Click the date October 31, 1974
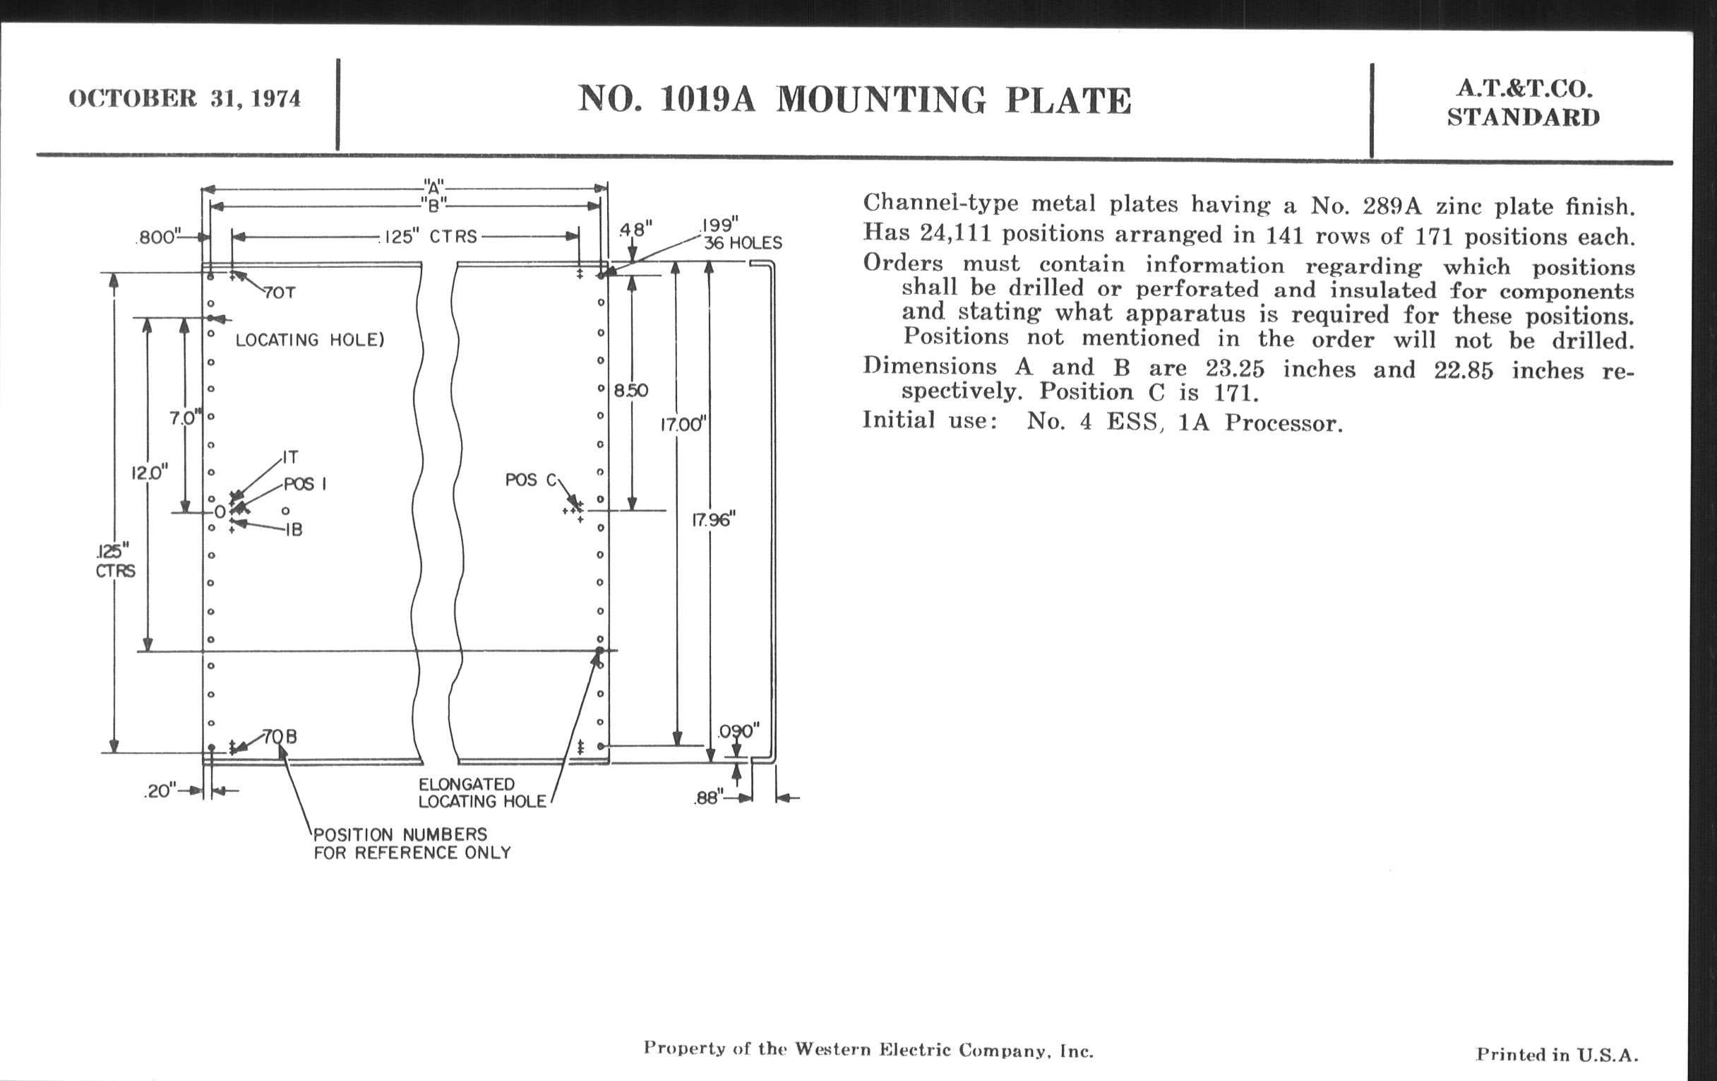click(x=185, y=98)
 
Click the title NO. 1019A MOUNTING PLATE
click(x=854, y=99)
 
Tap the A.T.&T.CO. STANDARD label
click(x=1524, y=102)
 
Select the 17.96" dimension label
click(x=713, y=520)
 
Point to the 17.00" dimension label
click(x=683, y=425)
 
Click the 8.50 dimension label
click(x=631, y=390)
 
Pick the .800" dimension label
click(x=159, y=237)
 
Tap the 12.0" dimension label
click(x=150, y=473)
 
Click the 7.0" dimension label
click(x=186, y=418)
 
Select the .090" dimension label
click(x=738, y=731)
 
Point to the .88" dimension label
click(x=709, y=798)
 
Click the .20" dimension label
click(x=160, y=791)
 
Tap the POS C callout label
click(x=530, y=480)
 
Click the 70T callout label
click(x=280, y=293)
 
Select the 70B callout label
click(x=280, y=736)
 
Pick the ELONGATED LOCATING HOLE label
click(x=483, y=793)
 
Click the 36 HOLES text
click(x=743, y=243)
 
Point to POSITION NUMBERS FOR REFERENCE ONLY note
click(x=413, y=844)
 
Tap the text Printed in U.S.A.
click(x=1557, y=1055)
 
